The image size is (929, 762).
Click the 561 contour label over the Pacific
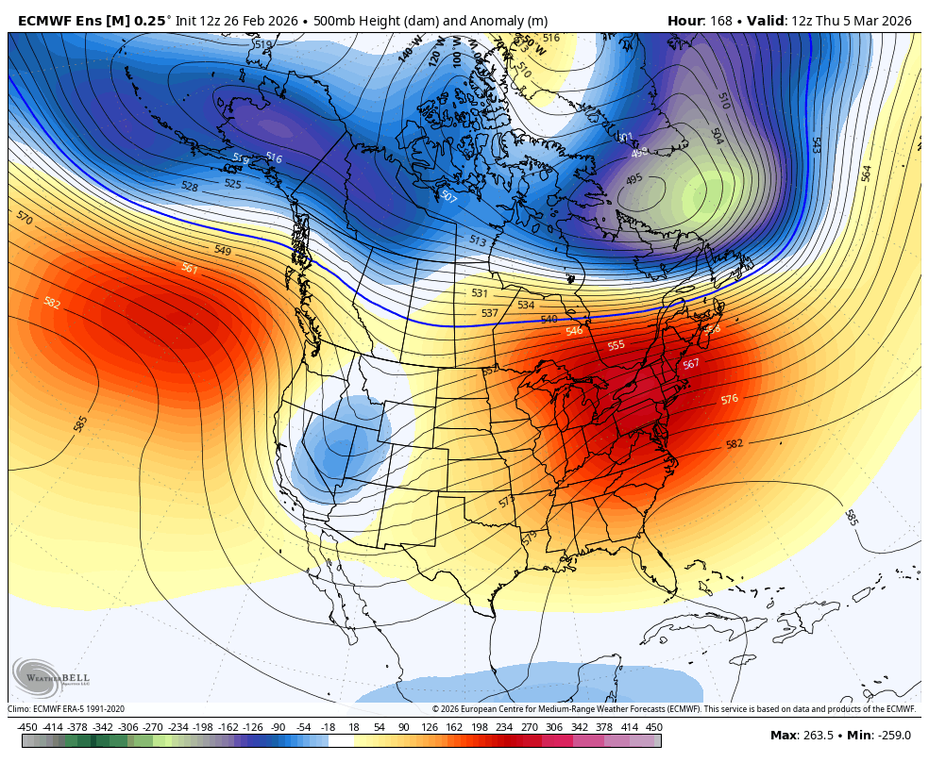(190, 269)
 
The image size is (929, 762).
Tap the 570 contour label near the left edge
(25, 218)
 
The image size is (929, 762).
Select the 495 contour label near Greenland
(633, 178)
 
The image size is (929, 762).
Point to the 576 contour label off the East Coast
(729, 400)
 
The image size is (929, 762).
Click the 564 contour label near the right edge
(866, 174)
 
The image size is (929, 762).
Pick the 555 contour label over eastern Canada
(616, 346)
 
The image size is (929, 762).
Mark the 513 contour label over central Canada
(478, 241)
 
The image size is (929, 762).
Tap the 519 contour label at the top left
(262, 44)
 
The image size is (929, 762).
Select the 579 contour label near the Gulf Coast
(529, 538)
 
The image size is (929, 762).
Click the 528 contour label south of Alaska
(190, 188)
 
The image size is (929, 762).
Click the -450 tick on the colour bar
(27, 727)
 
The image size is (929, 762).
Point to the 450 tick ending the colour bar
(653, 727)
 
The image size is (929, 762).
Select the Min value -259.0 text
(891, 736)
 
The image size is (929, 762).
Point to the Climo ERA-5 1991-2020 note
(66, 709)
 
